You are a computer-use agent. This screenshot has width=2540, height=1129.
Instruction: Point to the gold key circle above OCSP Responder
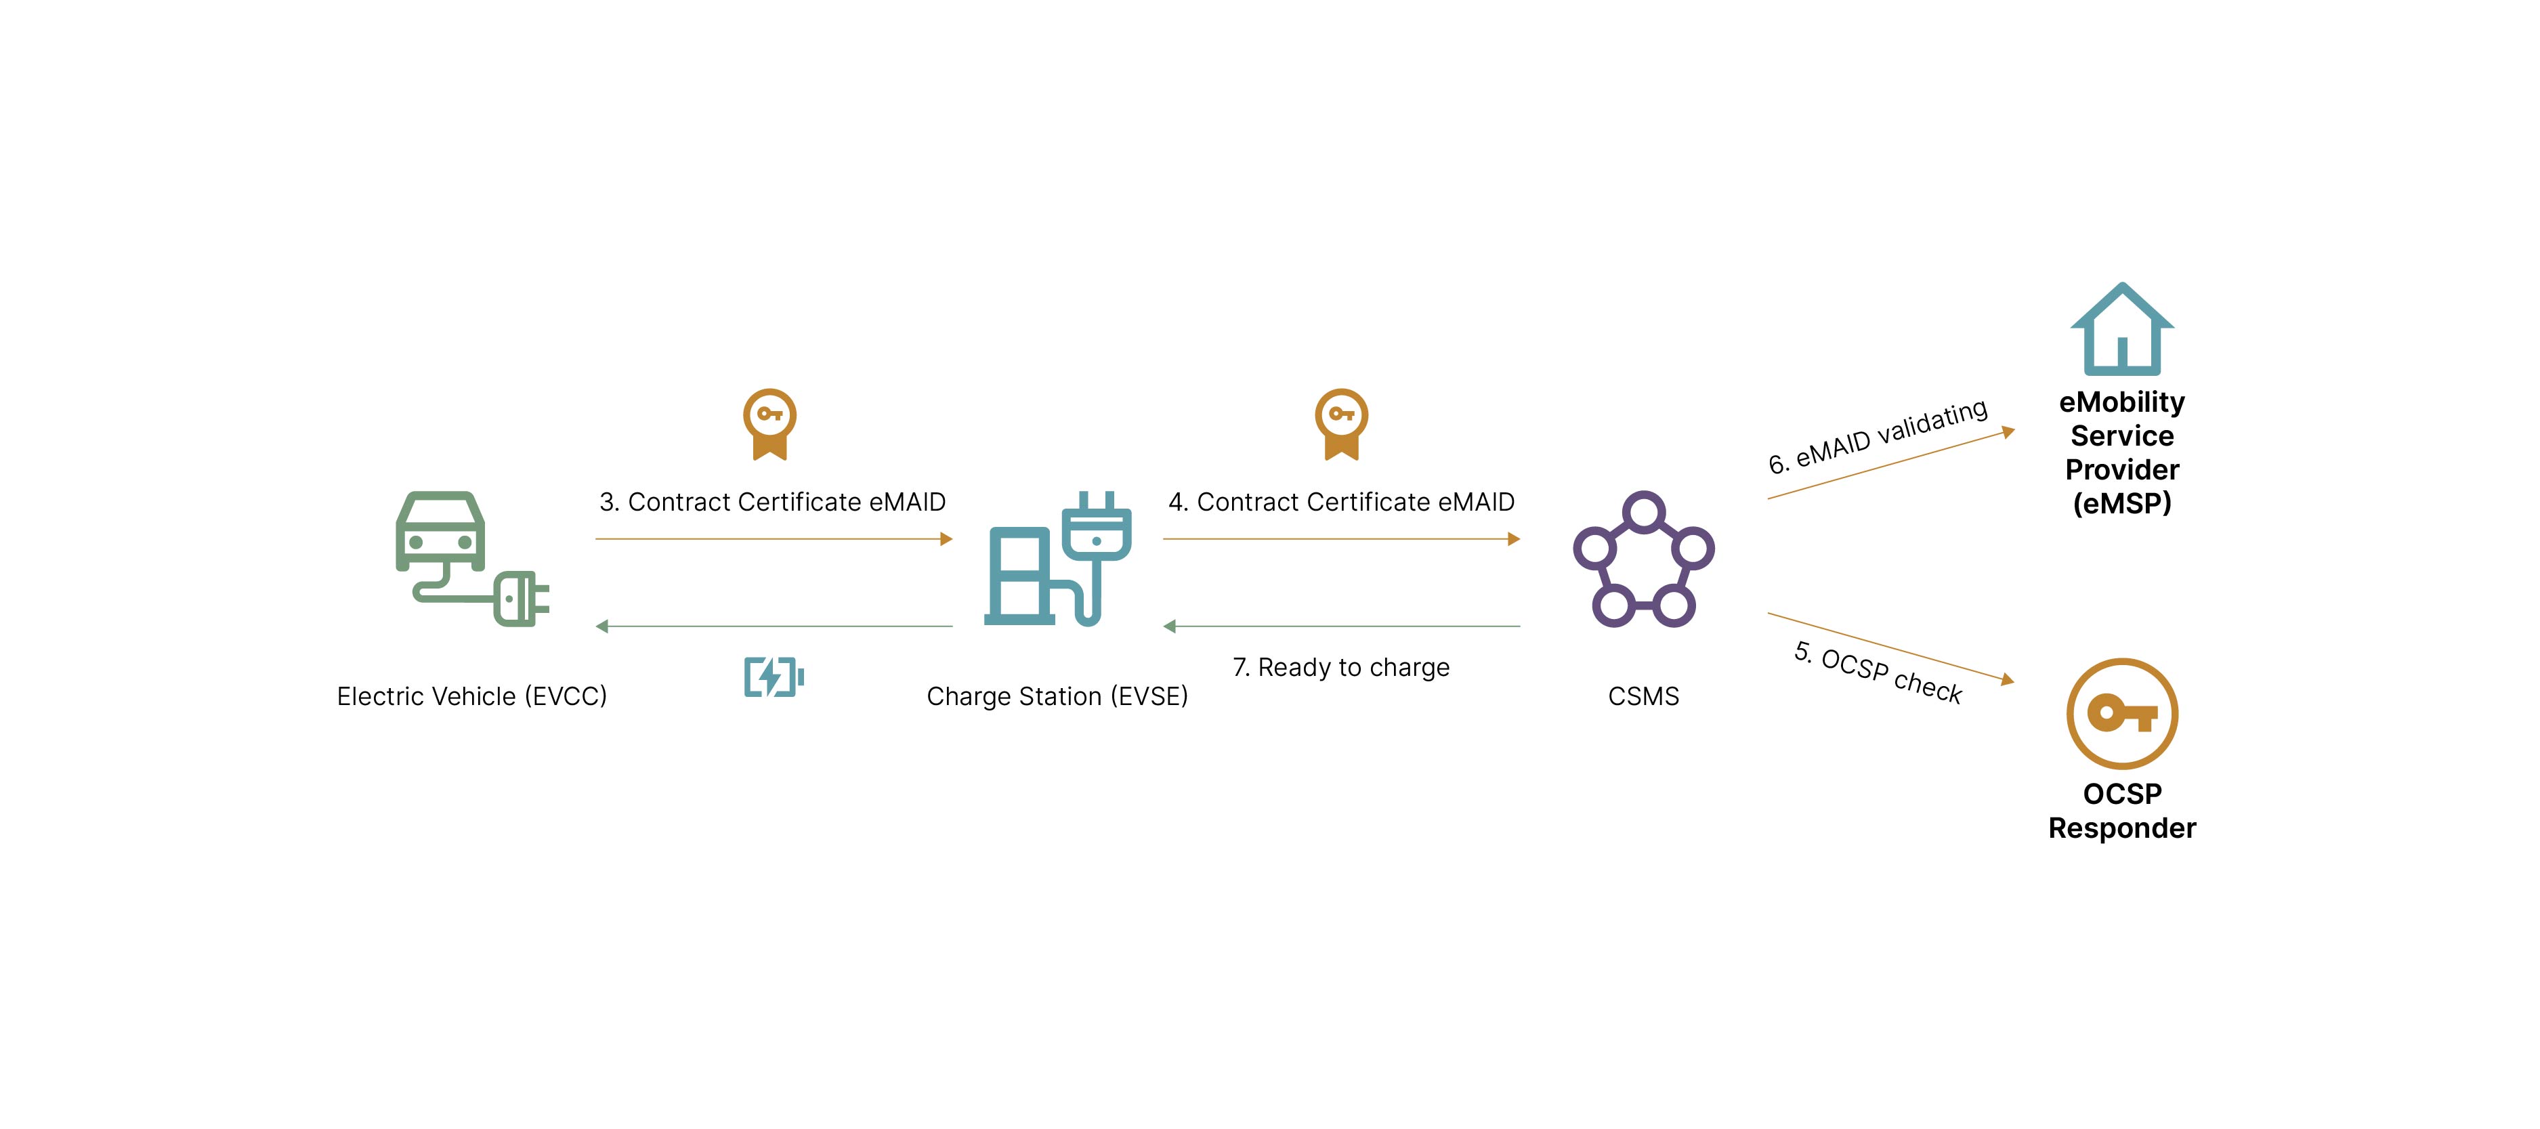tap(2122, 713)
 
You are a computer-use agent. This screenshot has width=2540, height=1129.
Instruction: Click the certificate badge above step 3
tap(770, 424)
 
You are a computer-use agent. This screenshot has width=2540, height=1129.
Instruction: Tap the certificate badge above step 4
tap(1341, 424)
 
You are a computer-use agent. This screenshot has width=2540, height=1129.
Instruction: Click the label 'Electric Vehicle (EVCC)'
tap(471, 696)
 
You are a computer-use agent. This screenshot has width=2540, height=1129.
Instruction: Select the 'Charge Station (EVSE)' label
tap(1057, 696)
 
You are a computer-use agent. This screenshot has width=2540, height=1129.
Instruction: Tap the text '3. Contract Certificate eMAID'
tap(772, 502)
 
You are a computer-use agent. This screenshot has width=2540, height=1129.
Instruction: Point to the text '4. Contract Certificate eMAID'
tap(1341, 502)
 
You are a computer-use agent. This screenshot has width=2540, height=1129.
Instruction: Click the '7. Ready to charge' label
tap(1341, 668)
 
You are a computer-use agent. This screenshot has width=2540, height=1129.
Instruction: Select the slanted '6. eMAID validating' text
tap(1878, 437)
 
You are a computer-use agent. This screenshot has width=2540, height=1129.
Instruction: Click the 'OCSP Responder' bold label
tap(2122, 811)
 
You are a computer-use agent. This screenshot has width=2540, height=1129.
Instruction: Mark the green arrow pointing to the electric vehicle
tap(774, 626)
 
